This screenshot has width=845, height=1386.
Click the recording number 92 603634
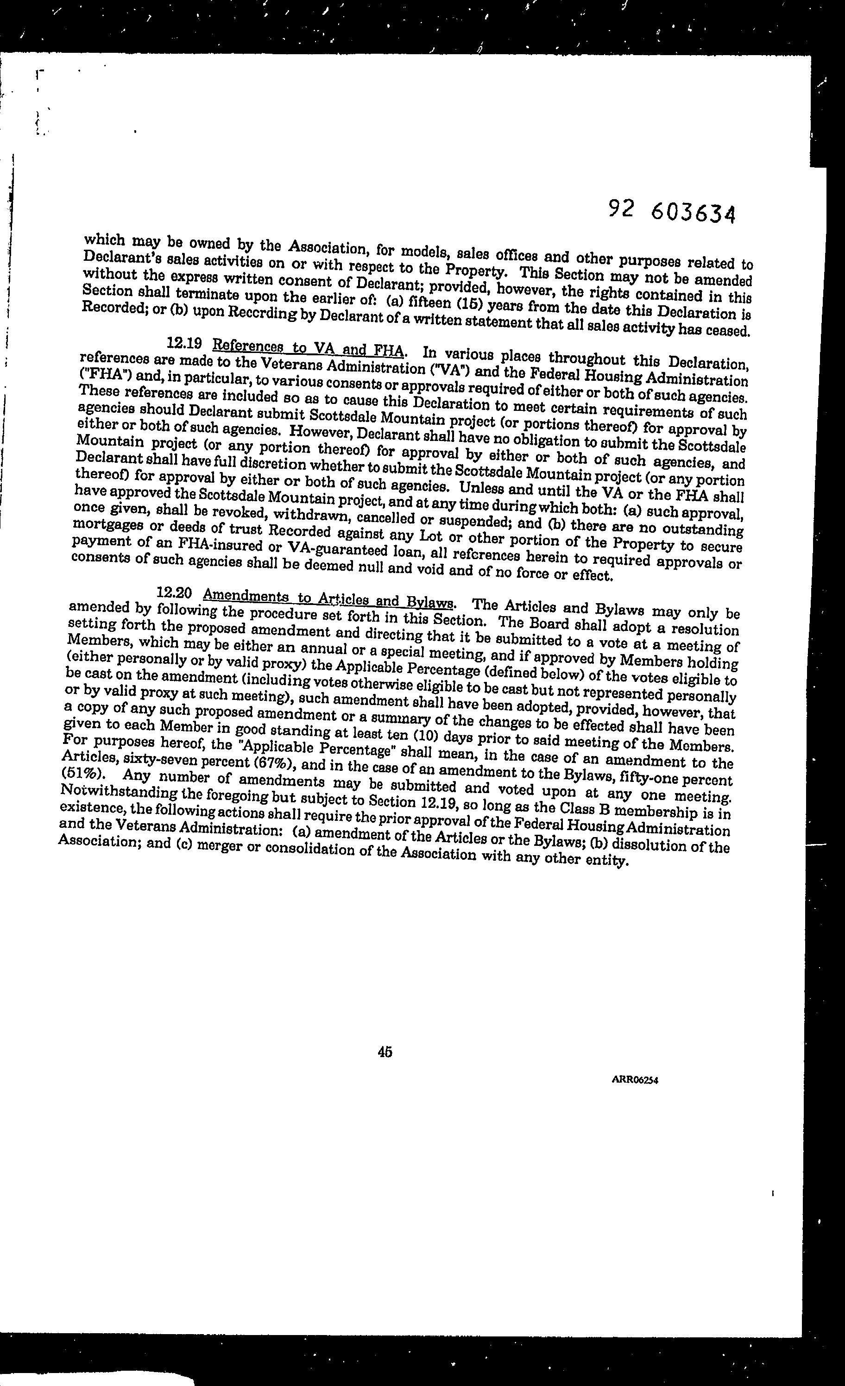click(672, 212)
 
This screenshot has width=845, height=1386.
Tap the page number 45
click(385, 1052)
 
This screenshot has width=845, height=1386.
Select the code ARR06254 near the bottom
click(634, 1080)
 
